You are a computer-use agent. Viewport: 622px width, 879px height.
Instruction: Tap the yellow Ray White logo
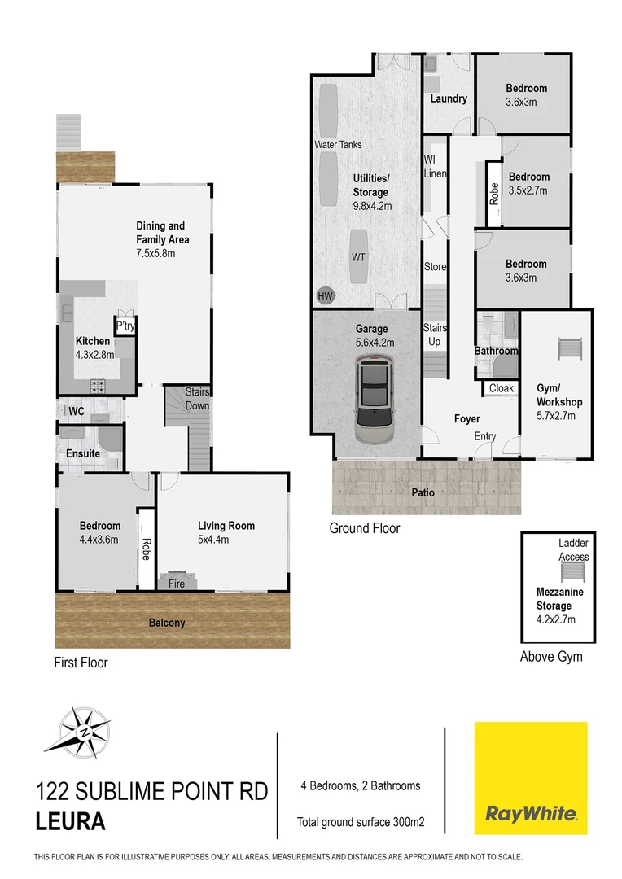click(531, 778)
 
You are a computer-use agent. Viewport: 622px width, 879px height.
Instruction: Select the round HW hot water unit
click(326, 295)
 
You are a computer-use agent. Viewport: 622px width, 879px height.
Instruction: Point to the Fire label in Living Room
click(177, 584)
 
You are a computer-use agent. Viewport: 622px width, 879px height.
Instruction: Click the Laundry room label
click(449, 99)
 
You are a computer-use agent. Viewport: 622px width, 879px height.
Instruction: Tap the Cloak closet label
click(502, 388)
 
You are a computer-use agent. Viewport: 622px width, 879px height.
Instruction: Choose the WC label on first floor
click(77, 411)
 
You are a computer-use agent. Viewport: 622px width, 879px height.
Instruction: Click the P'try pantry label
click(125, 326)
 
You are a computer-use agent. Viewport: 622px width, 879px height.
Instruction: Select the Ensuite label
click(83, 453)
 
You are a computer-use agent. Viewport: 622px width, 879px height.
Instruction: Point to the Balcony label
click(167, 623)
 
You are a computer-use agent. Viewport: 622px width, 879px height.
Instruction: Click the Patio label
click(423, 492)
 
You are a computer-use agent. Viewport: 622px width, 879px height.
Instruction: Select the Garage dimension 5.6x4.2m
click(375, 343)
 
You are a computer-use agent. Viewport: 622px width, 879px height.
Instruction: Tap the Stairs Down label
click(197, 399)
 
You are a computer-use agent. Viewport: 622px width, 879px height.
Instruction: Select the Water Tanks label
click(339, 145)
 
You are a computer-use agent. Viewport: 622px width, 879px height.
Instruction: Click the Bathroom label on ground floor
click(497, 351)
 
